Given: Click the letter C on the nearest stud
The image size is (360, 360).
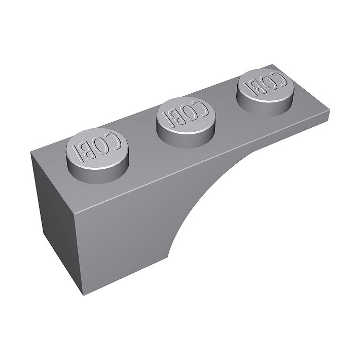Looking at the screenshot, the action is [115, 141].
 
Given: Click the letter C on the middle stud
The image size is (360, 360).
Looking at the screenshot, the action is [202, 109].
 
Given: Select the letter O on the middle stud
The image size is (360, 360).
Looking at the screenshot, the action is [190, 114].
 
